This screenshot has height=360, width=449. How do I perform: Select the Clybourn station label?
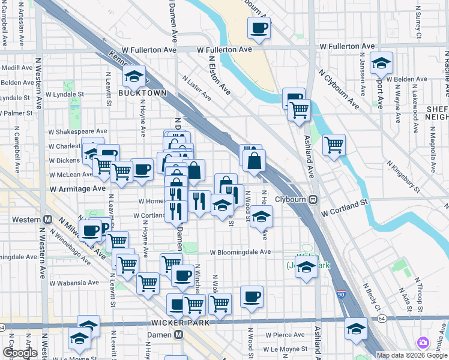tap(290, 199)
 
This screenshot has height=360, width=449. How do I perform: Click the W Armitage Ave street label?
tap(77, 188)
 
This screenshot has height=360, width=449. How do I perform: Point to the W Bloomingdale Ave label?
tap(240, 252)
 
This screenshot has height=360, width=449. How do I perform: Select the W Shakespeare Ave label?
tap(78, 131)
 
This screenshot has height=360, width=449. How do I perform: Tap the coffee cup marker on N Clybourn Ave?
tap(259, 28)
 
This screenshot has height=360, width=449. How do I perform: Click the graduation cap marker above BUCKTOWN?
tap(134, 76)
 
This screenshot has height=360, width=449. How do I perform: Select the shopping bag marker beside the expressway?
tap(255, 161)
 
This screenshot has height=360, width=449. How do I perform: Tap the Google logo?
tap(20, 353)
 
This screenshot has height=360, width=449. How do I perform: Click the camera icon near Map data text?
tap(424, 343)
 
